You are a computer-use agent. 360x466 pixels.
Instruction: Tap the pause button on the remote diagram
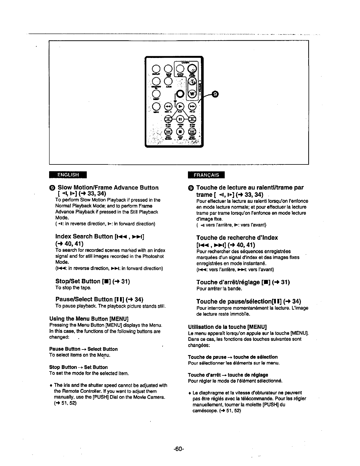click(x=180, y=119)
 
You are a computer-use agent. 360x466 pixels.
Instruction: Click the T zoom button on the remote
click(x=192, y=81)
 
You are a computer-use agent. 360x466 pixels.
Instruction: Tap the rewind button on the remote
click(x=167, y=106)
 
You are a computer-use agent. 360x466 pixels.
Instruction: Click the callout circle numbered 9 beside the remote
click(x=215, y=94)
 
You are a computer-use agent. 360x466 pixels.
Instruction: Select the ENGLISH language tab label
click(x=68, y=174)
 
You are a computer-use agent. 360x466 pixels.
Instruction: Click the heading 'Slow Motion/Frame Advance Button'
click(x=108, y=188)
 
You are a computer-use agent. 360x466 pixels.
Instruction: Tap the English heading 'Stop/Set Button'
click(x=78, y=282)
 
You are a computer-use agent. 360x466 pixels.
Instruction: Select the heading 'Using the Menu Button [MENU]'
click(x=89, y=319)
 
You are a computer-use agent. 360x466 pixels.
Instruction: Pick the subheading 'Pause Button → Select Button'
click(x=84, y=349)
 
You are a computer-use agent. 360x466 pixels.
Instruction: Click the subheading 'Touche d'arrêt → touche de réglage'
click(x=228, y=375)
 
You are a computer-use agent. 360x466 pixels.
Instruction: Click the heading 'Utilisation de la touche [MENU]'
click(x=227, y=327)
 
